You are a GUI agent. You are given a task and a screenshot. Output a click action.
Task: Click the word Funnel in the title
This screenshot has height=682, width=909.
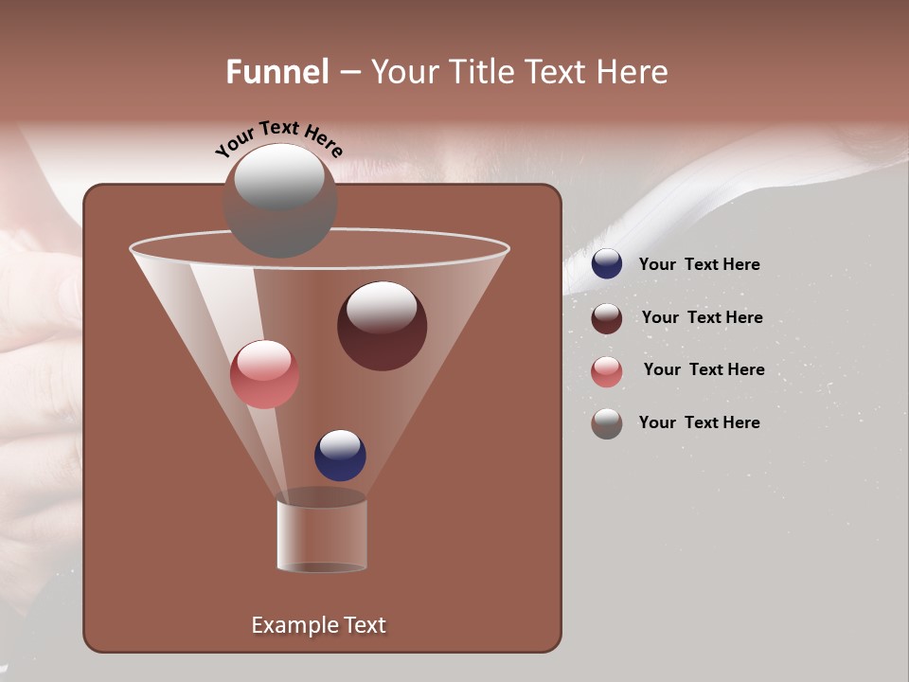click(x=277, y=72)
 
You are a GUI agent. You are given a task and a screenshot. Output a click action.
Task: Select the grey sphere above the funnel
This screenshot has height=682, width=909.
click(x=279, y=201)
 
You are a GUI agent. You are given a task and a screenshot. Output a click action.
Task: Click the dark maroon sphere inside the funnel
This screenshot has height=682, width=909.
click(x=382, y=326)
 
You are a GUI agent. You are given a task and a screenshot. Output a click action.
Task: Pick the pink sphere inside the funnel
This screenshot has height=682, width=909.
click(x=264, y=374)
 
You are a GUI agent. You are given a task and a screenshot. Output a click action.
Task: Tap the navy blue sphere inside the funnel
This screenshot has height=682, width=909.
click(x=340, y=455)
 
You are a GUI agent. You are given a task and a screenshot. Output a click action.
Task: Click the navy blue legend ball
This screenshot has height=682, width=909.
click(x=607, y=264)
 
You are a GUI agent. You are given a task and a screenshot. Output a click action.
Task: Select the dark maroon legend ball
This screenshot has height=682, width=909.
click(x=607, y=318)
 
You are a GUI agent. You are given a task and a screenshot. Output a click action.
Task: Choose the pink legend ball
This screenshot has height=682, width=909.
click(x=607, y=371)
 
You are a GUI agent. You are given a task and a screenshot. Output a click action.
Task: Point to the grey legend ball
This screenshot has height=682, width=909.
click(x=607, y=423)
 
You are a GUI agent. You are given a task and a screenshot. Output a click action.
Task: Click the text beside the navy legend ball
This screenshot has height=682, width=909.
click(x=699, y=264)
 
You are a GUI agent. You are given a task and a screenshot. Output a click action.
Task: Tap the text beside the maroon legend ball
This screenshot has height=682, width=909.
click(x=702, y=317)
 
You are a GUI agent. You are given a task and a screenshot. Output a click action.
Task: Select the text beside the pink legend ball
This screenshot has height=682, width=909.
click(x=704, y=369)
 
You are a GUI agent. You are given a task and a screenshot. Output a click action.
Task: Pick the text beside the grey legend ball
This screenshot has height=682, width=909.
click(x=699, y=422)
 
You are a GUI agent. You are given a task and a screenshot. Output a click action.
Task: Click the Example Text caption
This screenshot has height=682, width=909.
click(x=318, y=625)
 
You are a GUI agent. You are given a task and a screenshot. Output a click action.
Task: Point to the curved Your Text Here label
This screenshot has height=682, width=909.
click(x=278, y=138)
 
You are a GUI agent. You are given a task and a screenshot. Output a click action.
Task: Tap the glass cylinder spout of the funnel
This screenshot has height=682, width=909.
click(x=322, y=534)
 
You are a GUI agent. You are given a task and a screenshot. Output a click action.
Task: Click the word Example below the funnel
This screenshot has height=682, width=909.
click(x=285, y=625)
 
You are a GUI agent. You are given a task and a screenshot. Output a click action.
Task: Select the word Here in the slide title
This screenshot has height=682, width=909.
click(x=632, y=72)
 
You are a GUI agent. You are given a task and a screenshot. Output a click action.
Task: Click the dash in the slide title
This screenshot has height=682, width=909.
click(x=349, y=73)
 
